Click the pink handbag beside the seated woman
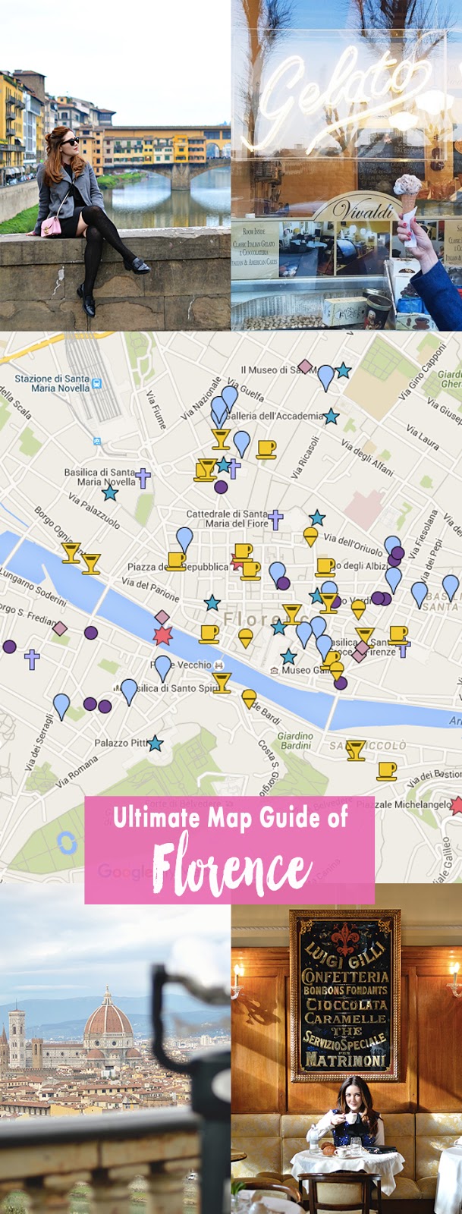tap(52, 225)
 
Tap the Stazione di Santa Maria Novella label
tap(52, 383)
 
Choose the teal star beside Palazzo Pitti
tap(156, 744)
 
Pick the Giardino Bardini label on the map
tap(295, 741)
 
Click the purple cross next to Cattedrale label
tap(275, 520)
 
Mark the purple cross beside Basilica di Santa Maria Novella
tap(143, 477)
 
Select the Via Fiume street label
tap(156, 410)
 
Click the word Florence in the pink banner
tap(231, 866)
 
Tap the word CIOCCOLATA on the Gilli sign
tap(345, 1004)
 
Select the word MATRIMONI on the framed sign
tap(345, 1058)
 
